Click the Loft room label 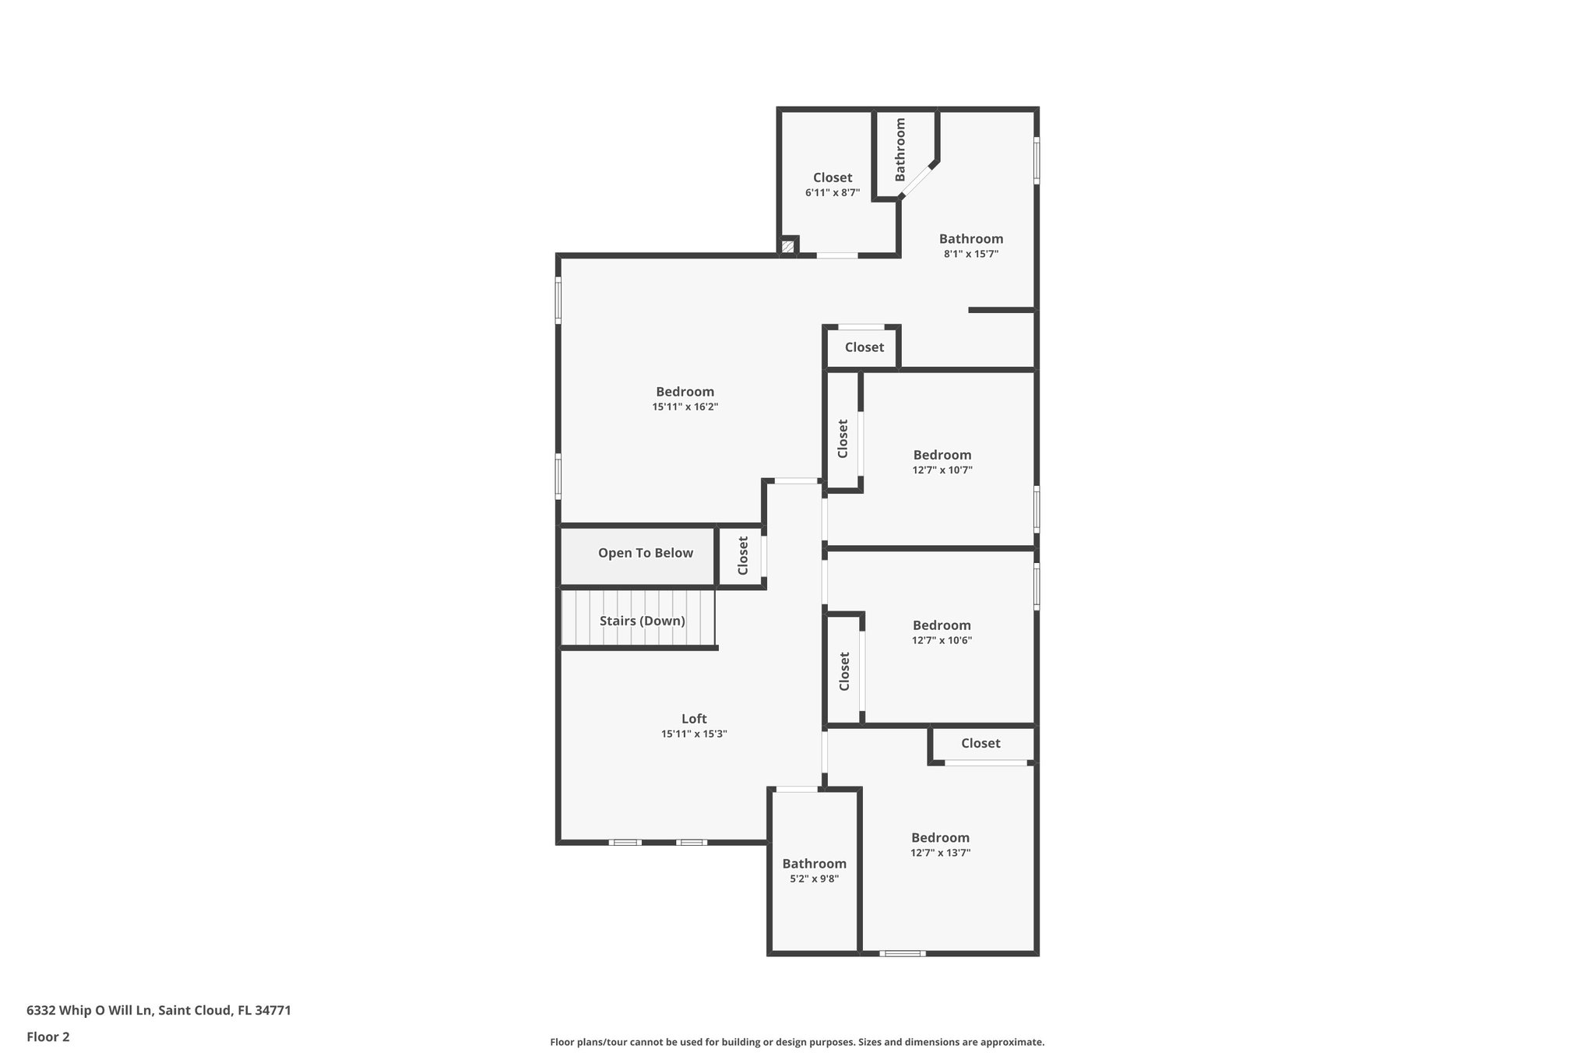tap(694, 719)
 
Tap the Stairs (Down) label tap(642, 621)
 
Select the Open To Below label tap(645, 553)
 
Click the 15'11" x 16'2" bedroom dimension tap(685, 407)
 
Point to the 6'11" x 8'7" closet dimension tap(833, 192)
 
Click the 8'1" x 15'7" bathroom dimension tap(970, 254)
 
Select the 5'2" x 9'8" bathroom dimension tap(814, 878)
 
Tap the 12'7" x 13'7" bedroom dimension tap(940, 853)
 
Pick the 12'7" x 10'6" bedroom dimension tap(942, 640)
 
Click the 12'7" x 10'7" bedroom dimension tap(942, 470)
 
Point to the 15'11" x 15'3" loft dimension tap(694, 734)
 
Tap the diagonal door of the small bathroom tap(917, 180)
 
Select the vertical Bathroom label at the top tap(900, 150)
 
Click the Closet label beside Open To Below tap(743, 555)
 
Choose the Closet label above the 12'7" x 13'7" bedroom tap(981, 743)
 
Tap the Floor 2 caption tap(48, 1037)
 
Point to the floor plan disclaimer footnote tap(797, 1042)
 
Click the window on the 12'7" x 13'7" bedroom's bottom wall tap(903, 953)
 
